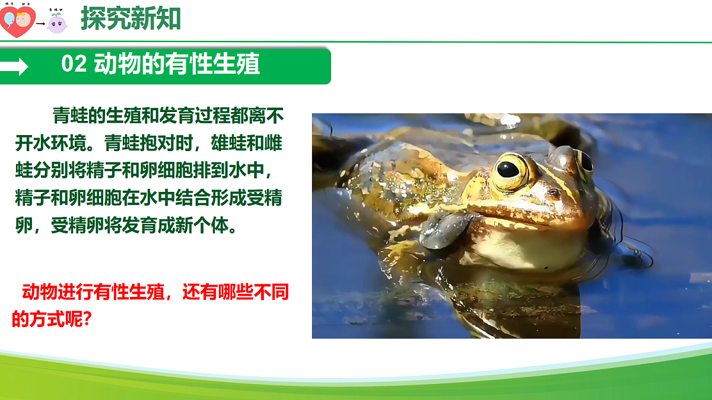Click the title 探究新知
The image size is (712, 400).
[131, 19]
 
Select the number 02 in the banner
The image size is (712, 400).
[74, 64]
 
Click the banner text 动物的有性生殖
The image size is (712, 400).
[177, 64]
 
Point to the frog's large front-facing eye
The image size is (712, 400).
[508, 170]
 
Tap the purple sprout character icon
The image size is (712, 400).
[57, 22]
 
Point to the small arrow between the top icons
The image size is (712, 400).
[40, 24]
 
